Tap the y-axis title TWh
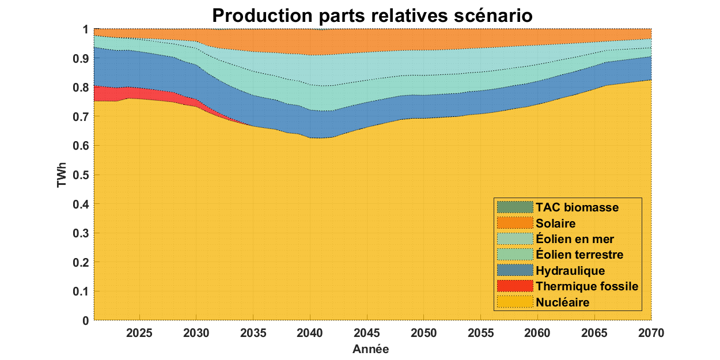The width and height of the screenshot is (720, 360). pyautogui.click(x=61, y=175)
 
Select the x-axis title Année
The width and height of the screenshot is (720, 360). pyautogui.click(x=372, y=349)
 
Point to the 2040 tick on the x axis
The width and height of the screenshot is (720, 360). pyautogui.click(x=310, y=333)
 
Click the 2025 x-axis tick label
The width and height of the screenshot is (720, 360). pyautogui.click(x=139, y=333)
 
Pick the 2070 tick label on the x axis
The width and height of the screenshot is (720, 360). pyautogui.click(x=651, y=333)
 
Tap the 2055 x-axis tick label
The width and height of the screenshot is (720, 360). pyautogui.click(x=481, y=333)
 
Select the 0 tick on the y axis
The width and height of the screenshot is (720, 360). pyautogui.click(x=85, y=320)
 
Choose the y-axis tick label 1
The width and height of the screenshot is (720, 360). pyautogui.click(x=85, y=29)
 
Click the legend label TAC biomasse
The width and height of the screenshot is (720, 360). pyautogui.click(x=577, y=207)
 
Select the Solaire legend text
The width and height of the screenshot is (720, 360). pyautogui.click(x=555, y=223)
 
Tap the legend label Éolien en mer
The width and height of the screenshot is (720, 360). pyautogui.click(x=574, y=239)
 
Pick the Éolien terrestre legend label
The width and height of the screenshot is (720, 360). pyautogui.click(x=579, y=255)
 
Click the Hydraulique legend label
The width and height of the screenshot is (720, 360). pyautogui.click(x=570, y=271)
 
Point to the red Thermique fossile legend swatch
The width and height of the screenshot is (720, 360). pyautogui.click(x=514, y=286)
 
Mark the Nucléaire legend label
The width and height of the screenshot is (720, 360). pyautogui.click(x=562, y=302)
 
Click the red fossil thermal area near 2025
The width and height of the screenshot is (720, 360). pyautogui.click(x=139, y=93)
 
